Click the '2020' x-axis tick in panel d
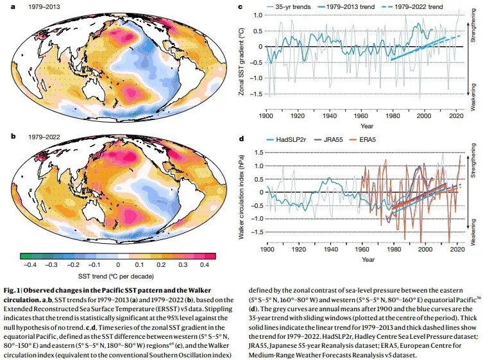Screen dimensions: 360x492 [456, 249]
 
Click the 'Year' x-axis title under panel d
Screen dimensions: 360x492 [367, 259]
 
